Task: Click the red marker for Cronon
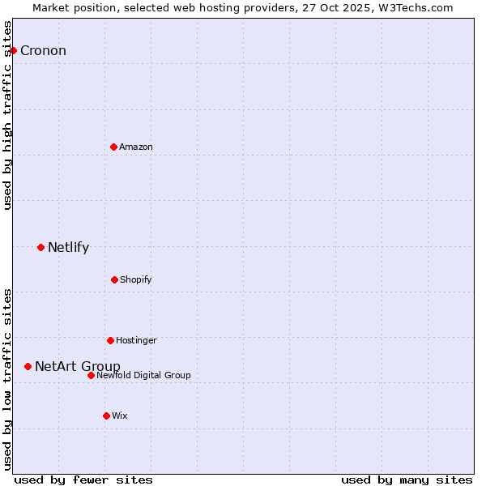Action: tap(13, 50)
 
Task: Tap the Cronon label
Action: tap(43, 51)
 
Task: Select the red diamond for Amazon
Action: tap(114, 147)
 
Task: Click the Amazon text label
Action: tap(136, 147)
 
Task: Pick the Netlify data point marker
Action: tap(40, 247)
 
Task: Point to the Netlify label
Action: tap(68, 248)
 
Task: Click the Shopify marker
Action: tap(114, 279)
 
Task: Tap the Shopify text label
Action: tap(136, 280)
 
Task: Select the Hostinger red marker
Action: tap(110, 340)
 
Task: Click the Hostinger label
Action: tap(136, 341)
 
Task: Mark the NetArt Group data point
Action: tap(28, 366)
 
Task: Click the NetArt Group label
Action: tap(78, 367)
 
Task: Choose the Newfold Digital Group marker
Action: tap(91, 375)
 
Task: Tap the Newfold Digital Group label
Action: tap(143, 376)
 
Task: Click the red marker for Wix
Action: tap(106, 416)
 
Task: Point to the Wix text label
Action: tap(120, 416)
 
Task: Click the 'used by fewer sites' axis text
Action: tap(83, 480)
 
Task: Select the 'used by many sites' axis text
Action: tap(407, 480)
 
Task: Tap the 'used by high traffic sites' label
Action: tap(8, 115)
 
